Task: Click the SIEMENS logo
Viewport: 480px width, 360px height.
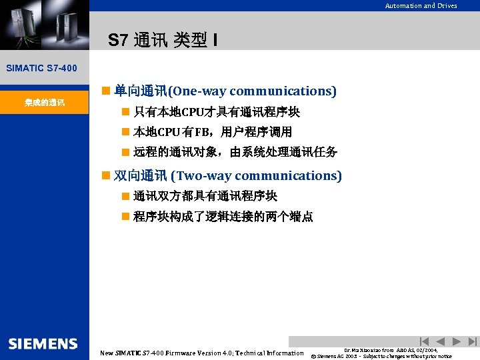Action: pos(43,344)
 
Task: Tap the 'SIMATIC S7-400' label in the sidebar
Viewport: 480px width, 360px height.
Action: pos(41,68)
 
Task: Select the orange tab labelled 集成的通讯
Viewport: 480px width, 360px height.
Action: pos(44,103)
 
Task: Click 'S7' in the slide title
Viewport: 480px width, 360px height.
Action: pos(117,41)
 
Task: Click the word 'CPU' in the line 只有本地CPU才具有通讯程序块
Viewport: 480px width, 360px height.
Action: pos(193,111)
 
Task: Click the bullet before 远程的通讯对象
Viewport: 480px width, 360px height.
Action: pos(125,153)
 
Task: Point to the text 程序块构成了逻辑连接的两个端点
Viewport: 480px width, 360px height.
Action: pos(223,217)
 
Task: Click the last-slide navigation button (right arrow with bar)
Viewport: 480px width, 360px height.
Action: pos(472,341)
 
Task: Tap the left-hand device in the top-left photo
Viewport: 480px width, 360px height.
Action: pos(21,23)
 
